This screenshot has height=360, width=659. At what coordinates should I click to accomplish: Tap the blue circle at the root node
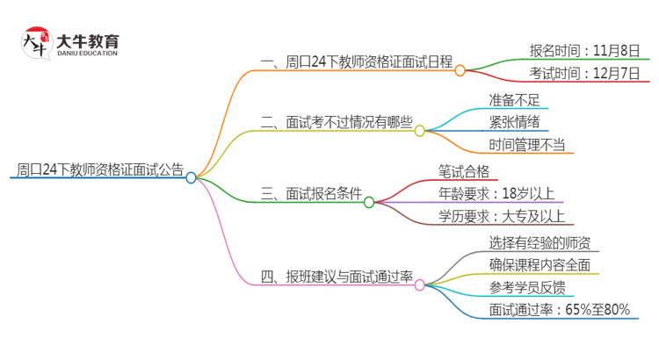(191, 177)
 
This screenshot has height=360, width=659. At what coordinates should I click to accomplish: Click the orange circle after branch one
(460, 70)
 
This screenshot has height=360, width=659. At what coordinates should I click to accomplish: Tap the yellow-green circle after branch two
(419, 131)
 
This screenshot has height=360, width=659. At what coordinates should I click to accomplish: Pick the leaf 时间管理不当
(526, 145)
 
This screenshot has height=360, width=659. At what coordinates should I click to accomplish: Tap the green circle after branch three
(369, 202)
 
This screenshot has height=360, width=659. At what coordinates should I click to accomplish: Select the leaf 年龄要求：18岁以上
(496, 193)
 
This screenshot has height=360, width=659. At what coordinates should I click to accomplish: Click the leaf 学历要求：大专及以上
(502, 217)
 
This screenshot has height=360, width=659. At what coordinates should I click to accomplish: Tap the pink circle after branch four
(419, 284)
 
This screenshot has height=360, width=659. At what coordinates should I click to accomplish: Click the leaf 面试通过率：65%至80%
(560, 309)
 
